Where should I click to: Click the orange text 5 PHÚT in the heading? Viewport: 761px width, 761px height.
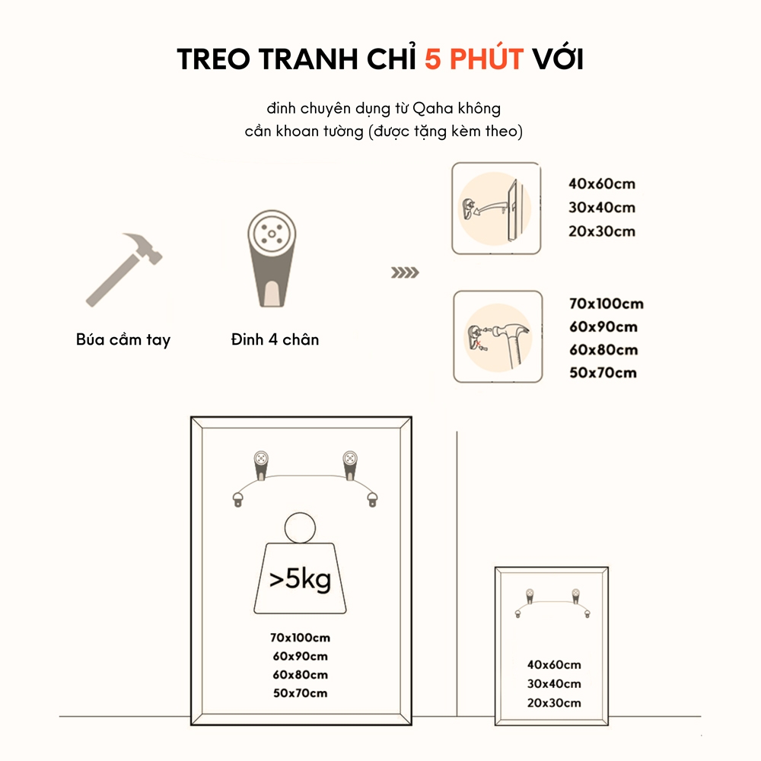474,59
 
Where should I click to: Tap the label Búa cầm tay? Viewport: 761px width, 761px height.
123,339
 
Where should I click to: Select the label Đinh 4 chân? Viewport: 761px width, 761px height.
275,339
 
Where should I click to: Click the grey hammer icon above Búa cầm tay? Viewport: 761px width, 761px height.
124,269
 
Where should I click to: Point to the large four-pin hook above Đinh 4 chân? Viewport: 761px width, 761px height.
272,258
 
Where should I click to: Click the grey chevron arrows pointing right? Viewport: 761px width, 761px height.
406,272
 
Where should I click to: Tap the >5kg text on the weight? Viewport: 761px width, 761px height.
300,579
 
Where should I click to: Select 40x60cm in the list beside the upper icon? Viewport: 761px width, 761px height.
602,183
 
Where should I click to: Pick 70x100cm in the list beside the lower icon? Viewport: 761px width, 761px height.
607,304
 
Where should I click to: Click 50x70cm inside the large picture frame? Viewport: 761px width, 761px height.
300,693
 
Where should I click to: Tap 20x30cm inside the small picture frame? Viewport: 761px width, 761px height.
554,702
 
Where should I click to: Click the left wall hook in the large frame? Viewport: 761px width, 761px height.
261,466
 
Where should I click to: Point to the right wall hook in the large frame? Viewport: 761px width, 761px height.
350,466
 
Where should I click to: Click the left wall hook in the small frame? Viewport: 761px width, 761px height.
530,596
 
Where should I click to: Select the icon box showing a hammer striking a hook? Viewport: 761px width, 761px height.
498,337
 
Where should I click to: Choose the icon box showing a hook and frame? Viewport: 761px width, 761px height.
496,209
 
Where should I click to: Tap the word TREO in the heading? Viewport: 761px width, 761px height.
214,59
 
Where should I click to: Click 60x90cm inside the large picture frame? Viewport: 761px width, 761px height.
300,656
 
